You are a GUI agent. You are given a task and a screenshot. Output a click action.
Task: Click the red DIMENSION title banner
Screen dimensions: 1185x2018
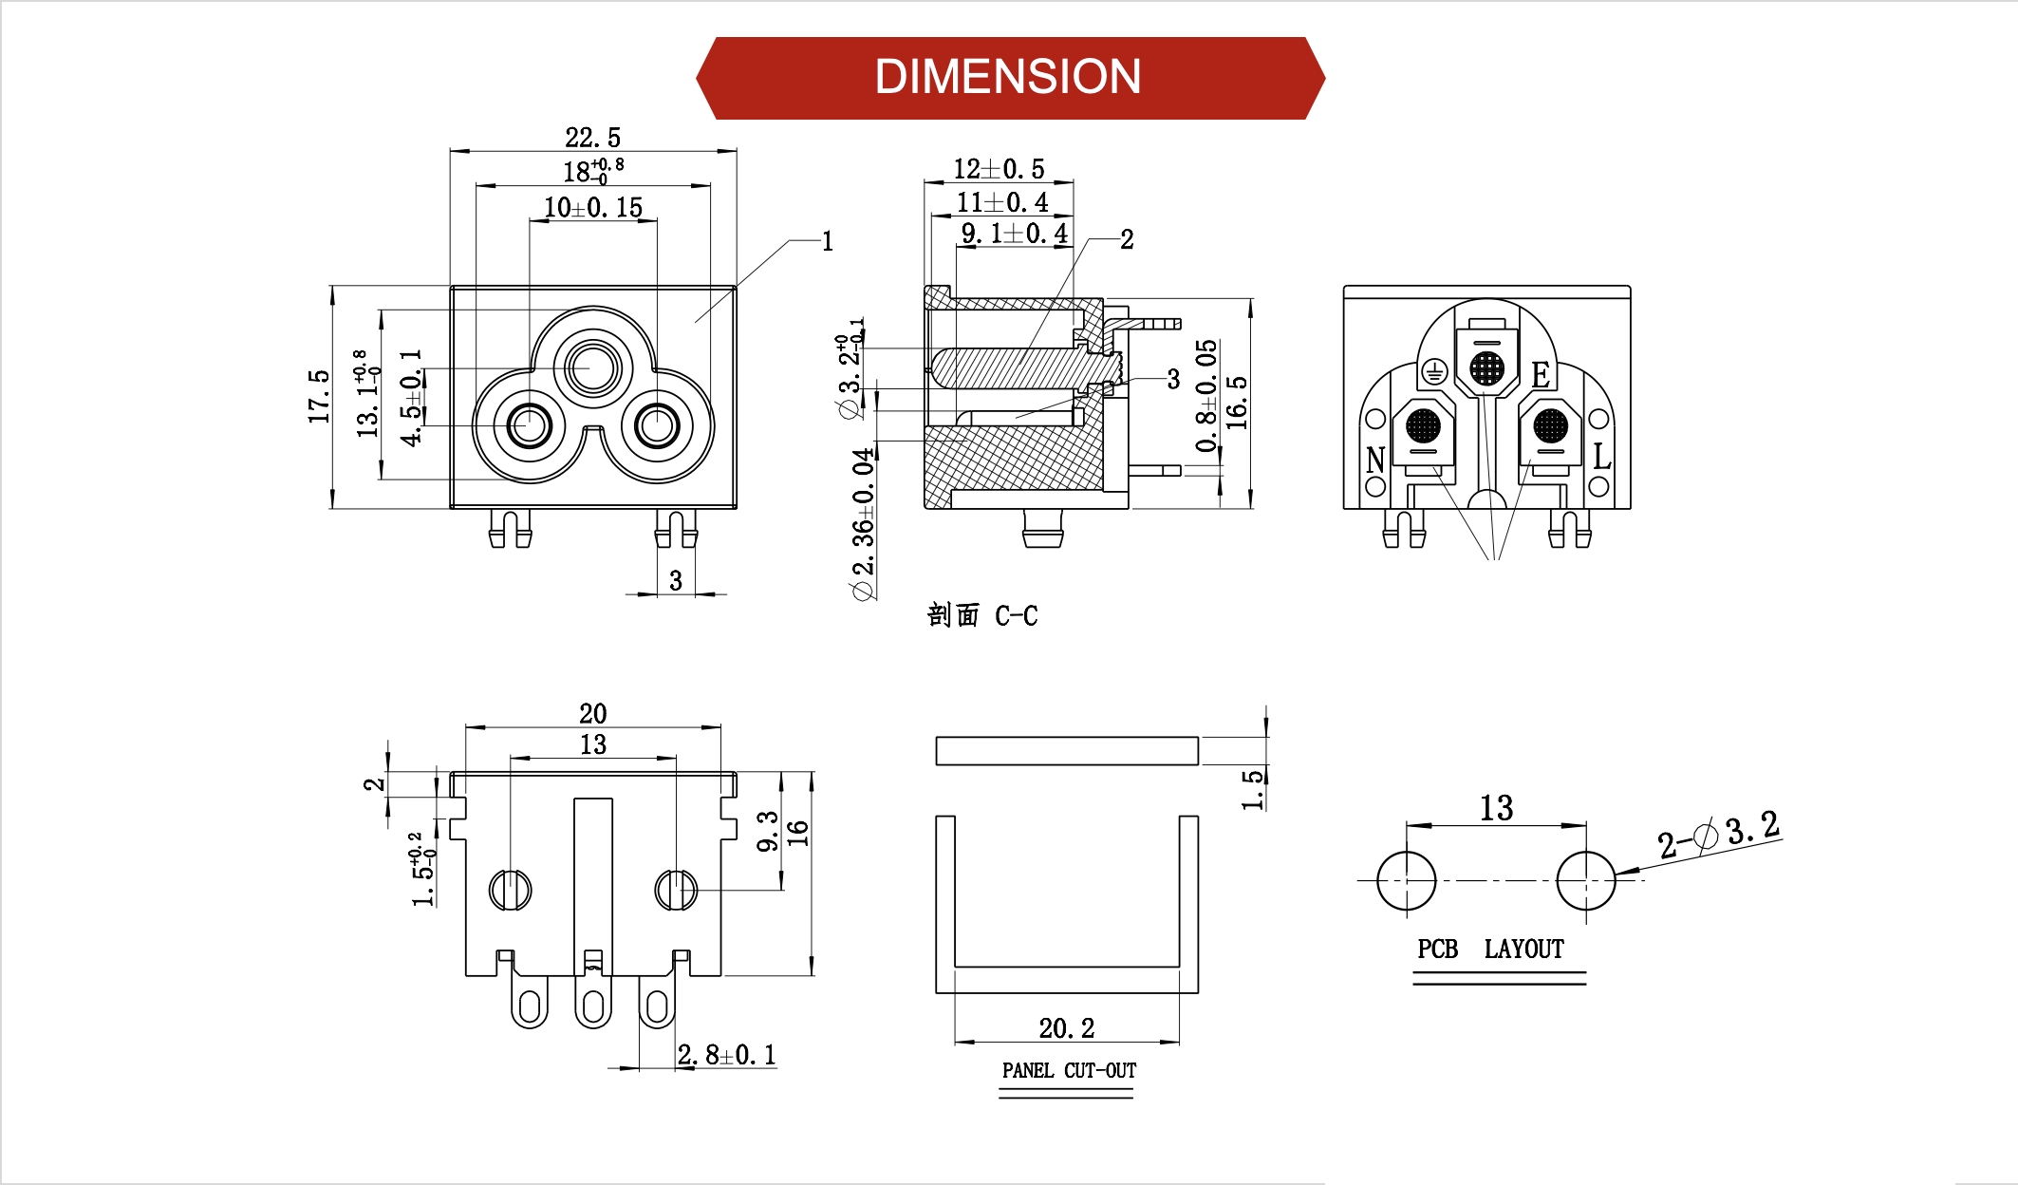point(1009,78)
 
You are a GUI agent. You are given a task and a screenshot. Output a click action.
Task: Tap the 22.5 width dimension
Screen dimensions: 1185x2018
point(592,138)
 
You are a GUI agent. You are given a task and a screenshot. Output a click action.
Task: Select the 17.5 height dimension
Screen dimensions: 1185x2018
point(319,396)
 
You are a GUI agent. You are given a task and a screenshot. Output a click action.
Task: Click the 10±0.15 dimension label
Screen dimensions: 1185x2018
point(592,208)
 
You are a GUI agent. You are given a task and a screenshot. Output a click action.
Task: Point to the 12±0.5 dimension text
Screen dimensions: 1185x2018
point(999,169)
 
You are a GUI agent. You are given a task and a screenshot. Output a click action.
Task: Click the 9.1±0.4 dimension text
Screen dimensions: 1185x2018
point(1014,234)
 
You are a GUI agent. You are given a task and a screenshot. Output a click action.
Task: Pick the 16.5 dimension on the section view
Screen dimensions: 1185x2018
point(1237,403)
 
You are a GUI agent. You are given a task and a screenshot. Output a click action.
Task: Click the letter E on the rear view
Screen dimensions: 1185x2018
point(1540,375)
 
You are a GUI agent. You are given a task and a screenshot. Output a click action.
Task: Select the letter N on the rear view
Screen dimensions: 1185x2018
point(1375,461)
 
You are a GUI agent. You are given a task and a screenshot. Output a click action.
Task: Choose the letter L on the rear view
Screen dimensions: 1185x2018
point(1601,458)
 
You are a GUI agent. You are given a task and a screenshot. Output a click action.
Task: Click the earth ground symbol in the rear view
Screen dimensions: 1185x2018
point(1434,372)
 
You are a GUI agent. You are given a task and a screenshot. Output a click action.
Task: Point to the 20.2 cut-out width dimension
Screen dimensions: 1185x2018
point(1066,1028)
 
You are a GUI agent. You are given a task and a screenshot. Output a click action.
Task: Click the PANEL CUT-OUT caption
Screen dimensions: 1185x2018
point(1069,1071)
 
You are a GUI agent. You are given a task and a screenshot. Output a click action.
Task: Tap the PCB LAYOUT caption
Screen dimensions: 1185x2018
point(1490,950)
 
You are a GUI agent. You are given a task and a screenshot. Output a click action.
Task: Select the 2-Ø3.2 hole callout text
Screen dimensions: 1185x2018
point(1718,834)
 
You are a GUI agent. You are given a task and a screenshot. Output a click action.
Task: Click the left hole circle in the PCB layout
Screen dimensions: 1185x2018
point(1406,880)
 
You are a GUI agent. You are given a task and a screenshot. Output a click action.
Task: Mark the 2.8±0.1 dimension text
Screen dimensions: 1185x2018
point(726,1055)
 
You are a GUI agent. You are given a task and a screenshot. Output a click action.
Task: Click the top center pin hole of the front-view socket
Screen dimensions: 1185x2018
point(592,367)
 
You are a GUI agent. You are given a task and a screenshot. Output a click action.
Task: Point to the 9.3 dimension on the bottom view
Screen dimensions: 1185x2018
point(768,831)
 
